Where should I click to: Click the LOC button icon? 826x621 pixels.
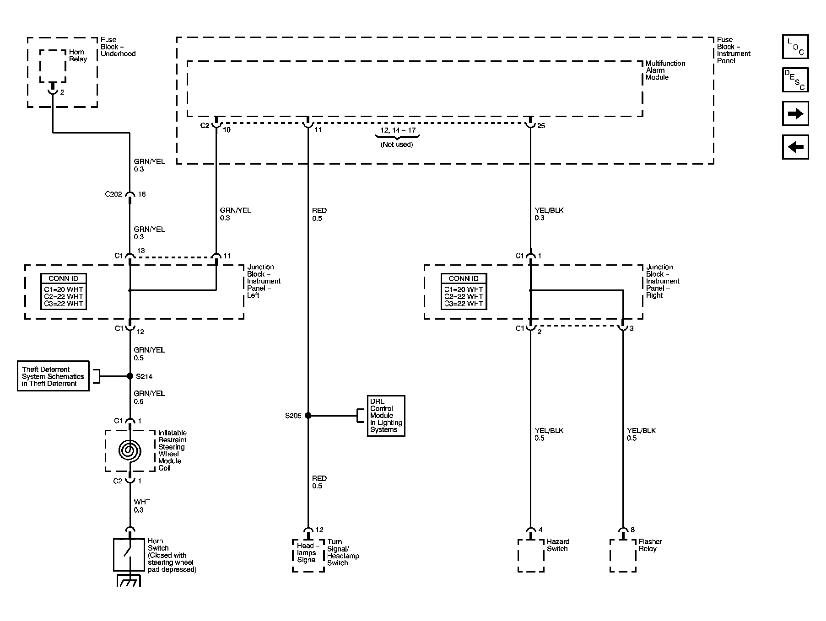click(795, 47)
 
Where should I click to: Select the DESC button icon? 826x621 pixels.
click(795, 80)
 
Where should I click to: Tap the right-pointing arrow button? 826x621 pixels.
click(795, 113)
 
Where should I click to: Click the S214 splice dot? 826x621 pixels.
click(130, 376)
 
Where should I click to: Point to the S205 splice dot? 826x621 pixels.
click(308, 416)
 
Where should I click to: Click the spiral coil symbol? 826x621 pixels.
click(130, 451)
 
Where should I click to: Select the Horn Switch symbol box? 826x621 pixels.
click(129, 555)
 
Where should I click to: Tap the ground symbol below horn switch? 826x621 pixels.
click(130, 581)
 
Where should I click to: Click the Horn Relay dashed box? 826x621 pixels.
click(53, 66)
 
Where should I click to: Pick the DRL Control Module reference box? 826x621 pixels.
click(386, 416)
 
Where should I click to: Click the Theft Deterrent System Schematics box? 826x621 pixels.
click(53, 376)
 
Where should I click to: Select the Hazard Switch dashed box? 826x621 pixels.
click(531, 556)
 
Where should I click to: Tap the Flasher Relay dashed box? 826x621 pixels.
click(623, 556)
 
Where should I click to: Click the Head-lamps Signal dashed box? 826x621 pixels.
click(308, 556)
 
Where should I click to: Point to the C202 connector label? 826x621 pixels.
click(113, 194)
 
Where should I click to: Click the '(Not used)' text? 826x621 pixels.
click(397, 145)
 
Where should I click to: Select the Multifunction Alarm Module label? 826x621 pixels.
click(665, 70)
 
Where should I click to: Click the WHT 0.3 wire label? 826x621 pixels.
click(142, 506)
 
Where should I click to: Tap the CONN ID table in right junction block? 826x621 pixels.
click(464, 291)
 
